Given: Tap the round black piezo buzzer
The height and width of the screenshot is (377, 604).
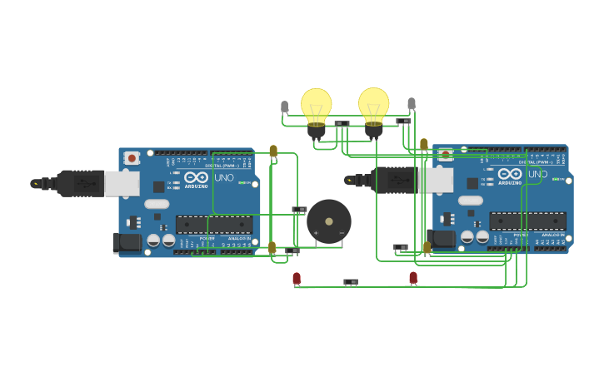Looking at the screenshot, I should coord(329,221).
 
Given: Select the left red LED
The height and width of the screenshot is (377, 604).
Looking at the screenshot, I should coord(297,279).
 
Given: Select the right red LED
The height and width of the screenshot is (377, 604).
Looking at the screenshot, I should coord(413,278).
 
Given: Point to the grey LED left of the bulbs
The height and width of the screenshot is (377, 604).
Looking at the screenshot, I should coord(285,107).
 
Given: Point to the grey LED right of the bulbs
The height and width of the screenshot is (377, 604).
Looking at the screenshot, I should coord(411,104).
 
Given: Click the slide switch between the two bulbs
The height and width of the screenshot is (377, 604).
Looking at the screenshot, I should coord(342,123).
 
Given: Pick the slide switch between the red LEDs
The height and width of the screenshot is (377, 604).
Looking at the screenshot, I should coord(351,282).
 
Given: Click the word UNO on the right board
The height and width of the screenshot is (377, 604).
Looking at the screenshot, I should coord(537,174).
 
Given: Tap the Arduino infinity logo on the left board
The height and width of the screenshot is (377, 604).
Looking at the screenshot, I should coord(197,176).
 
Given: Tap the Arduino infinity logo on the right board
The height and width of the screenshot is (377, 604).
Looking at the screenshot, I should coord(510,173).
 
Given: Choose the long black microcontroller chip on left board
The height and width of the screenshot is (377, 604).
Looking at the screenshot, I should coord(213,225).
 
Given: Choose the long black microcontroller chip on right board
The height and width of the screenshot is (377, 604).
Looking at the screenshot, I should coord(527,221).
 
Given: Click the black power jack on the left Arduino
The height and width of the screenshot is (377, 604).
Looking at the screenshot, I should coord(127,242).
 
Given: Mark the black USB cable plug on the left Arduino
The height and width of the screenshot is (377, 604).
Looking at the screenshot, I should coord(81,183).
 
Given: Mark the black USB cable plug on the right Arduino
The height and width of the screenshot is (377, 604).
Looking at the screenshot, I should coord(394,180).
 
